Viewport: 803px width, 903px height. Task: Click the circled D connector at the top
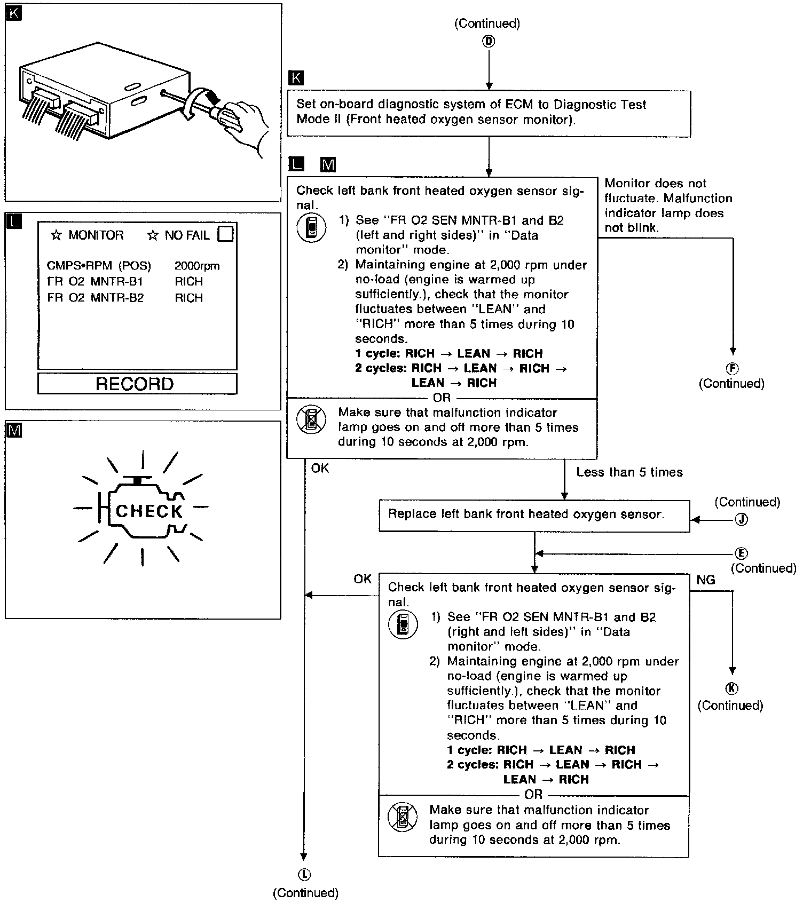coord(489,41)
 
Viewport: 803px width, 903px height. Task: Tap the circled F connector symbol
coord(733,368)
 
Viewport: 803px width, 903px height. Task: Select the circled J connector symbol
coord(741,519)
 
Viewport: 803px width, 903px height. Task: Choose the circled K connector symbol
coord(733,688)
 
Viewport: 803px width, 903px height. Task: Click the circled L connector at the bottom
coord(305,874)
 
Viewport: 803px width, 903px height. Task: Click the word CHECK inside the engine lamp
coord(149,511)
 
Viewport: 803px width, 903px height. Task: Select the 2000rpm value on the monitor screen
coord(197,266)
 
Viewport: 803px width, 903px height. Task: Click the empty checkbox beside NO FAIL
coord(226,234)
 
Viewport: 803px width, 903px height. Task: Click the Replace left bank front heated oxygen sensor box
coord(534,515)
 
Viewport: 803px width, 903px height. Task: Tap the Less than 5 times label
coord(629,472)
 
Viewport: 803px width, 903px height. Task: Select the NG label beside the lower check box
coord(706,580)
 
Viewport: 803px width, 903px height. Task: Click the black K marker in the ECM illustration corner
coord(13,13)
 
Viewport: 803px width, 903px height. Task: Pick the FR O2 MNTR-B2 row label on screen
coord(96,298)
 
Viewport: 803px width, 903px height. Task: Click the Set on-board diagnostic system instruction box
coord(489,113)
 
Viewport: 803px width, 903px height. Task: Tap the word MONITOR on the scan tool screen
coord(96,235)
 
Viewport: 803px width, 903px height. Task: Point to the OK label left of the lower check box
coord(363,579)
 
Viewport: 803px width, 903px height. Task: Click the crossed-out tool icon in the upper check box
coord(311,419)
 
